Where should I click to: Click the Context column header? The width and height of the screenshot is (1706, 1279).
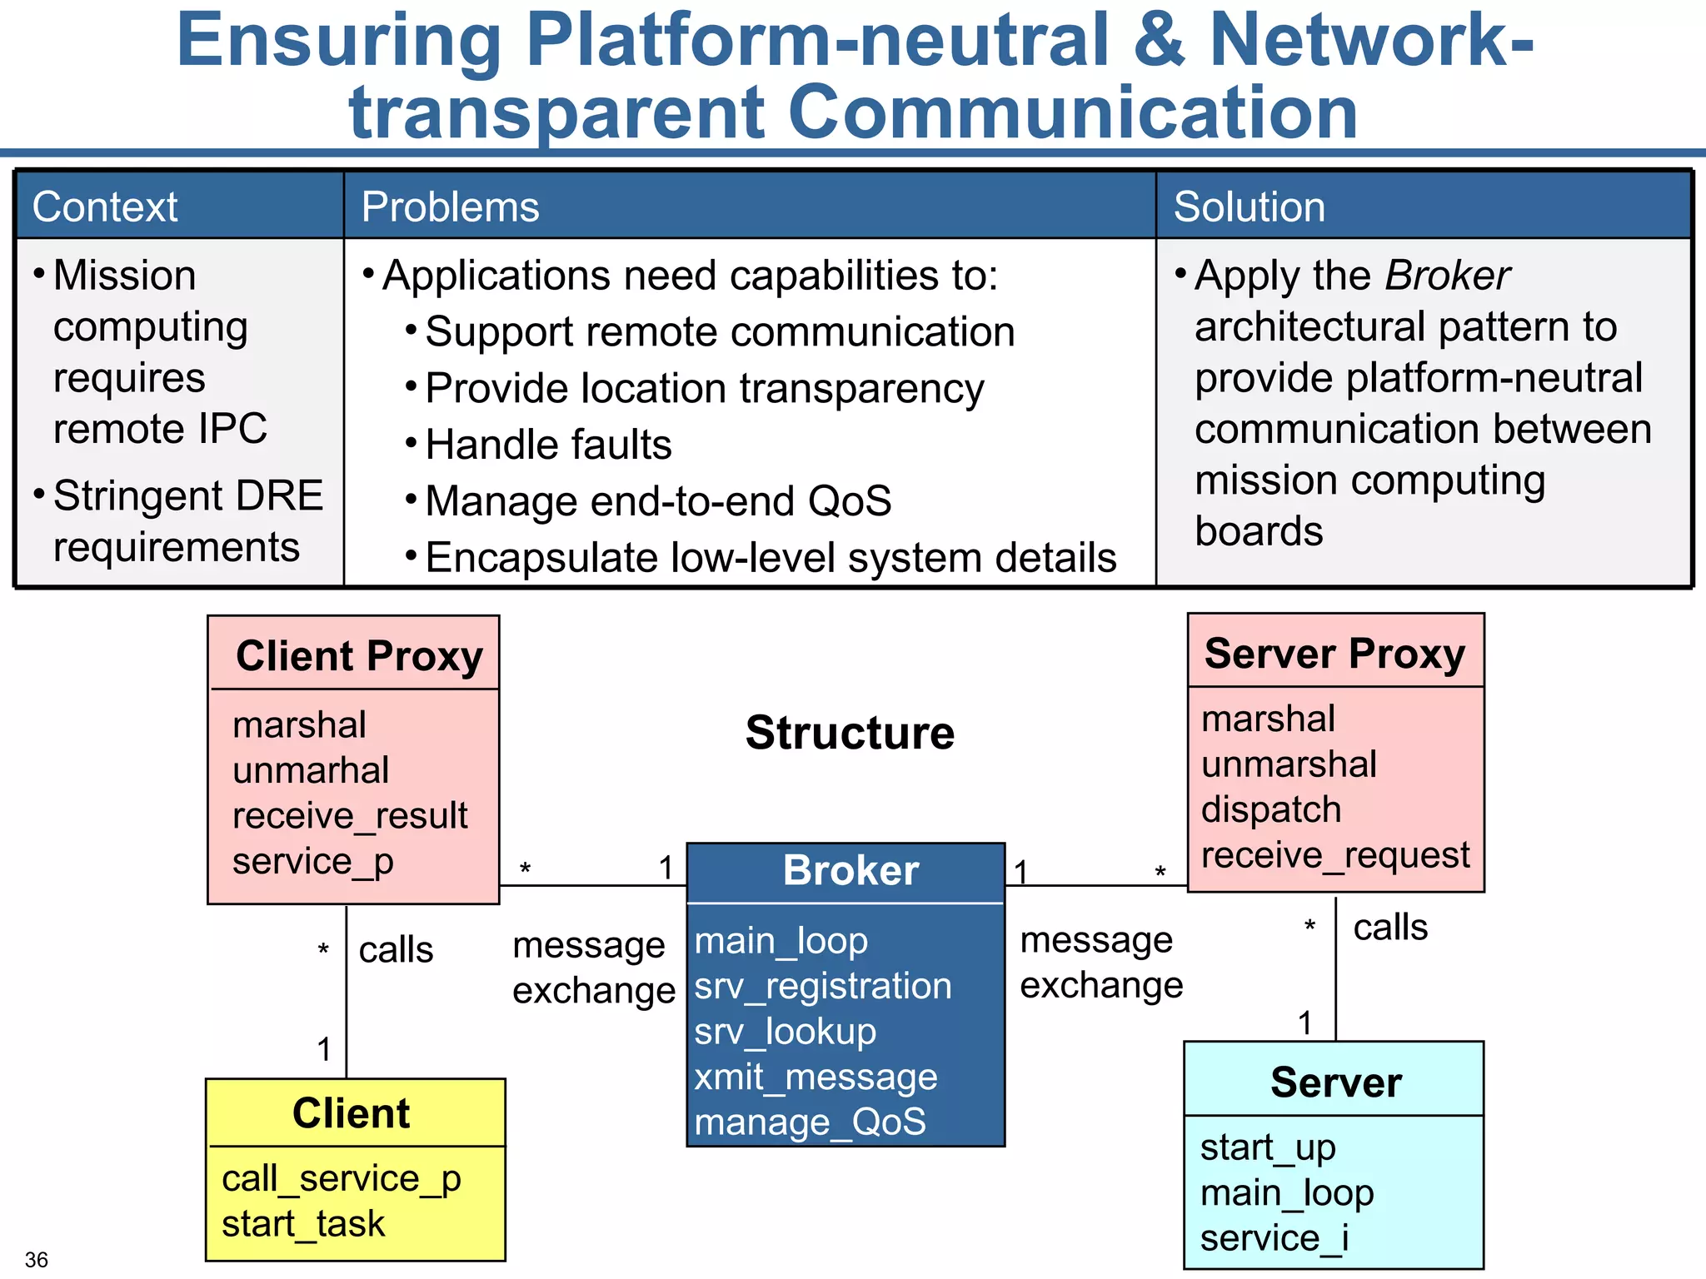pyautogui.click(x=104, y=207)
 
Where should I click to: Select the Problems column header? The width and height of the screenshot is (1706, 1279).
pyautogui.click(x=450, y=207)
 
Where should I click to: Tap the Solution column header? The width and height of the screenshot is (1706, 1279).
pyautogui.click(x=1248, y=207)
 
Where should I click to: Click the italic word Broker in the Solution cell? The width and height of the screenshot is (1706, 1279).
pyautogui.click(x=1448, y=276)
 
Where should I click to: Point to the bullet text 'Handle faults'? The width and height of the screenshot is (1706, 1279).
pyautogui.click(x=548, y=445)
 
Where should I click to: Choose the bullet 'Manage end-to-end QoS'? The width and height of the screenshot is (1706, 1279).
pyautogui.click(x=658, y=501)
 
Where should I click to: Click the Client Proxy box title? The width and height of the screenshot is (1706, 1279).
pyautogui.click(x=359, y=655)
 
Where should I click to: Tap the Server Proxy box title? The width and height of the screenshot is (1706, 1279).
pyautogui.click(x=1334, y=653)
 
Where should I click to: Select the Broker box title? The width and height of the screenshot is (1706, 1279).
pyautogui.click(x=851, y=870)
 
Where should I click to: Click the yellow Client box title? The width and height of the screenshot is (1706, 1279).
pyautogui.click(x=351, y=1113)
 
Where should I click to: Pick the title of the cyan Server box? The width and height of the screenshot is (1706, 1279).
pyautogui.click(x=1335, y=1082)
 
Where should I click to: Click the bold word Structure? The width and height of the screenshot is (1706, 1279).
pyautogui.click(x=850, y=733)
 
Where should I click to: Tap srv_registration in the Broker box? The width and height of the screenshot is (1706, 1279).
pyautogui.click(x=823, y=986)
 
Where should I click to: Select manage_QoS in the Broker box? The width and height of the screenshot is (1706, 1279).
pyautogui.click(x=810, y=1122)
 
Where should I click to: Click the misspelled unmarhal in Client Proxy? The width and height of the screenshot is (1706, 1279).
pyautogui.click(x=311, y=770)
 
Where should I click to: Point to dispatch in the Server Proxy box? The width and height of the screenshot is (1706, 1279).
pyautogui.click(x=1271, y=809)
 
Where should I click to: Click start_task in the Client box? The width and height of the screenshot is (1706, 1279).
pyautogui.click(x=303, y=1224)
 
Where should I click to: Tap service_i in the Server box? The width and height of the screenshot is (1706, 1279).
pyautogui.click(x=1275, y=1238)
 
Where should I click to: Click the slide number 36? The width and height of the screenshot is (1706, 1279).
pyautogui.click(x=37, y=1259)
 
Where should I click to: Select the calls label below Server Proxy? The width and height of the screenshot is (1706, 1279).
pyautogui.click(x=1389, y=928)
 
